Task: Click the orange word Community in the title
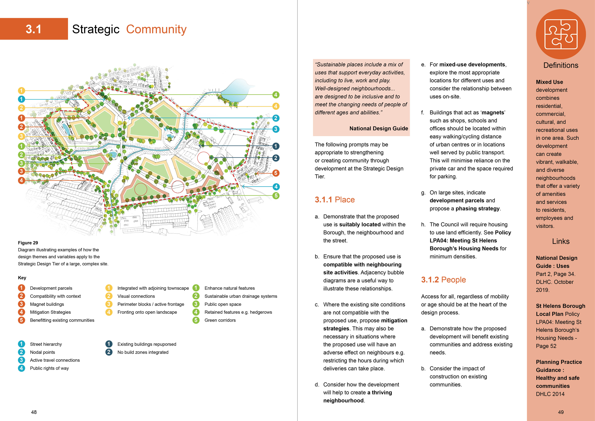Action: pyautogui.click(x=156, y=29)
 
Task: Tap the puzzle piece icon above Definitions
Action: pyautogui.click(x=561, y=34)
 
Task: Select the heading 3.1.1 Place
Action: pyautogui.click(x=335, y=200)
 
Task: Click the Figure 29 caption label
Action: pyautogui.click(x=28, y=243)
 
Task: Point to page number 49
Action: pyautogui.click(x=561, y=412)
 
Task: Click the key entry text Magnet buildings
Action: pyautogui.click(x=47, y=304)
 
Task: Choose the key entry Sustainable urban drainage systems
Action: pyautogui.click(x=241, y=296)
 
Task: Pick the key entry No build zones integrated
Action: pyautogui.click(x=143, y=352)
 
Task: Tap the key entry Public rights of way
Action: pyautogui.click(x=49, y=368)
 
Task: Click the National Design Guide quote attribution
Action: pyautogui.click(x=379, y=128)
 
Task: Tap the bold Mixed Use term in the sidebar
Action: pyautogui.click(x=549, y=82)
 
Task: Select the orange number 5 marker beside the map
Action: pyautogui.click(x=276, y=173)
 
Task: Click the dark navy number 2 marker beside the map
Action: pyautogui.click(x=276, y=158)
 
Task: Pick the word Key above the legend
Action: pyautogui.click(x=22, y=278)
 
